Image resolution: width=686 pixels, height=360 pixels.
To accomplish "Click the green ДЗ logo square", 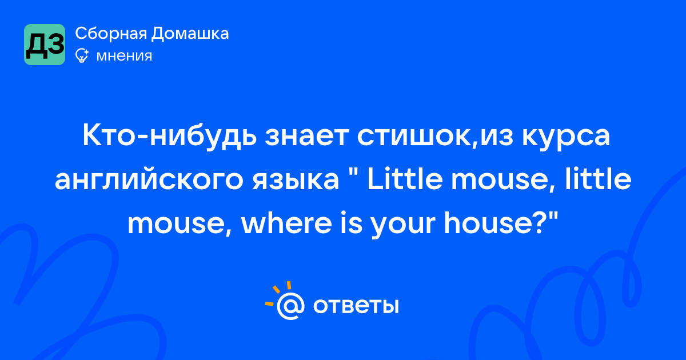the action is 45,45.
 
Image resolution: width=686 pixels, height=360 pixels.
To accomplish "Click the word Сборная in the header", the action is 111,34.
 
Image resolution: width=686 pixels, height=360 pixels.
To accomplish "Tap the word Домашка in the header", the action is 190,34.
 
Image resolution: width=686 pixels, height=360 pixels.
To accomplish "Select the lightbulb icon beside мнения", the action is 82,55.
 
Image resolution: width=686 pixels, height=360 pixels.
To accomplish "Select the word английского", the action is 149,181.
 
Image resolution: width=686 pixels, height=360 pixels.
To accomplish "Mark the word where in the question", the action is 286,223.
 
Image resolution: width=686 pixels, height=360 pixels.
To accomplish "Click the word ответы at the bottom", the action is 356,306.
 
